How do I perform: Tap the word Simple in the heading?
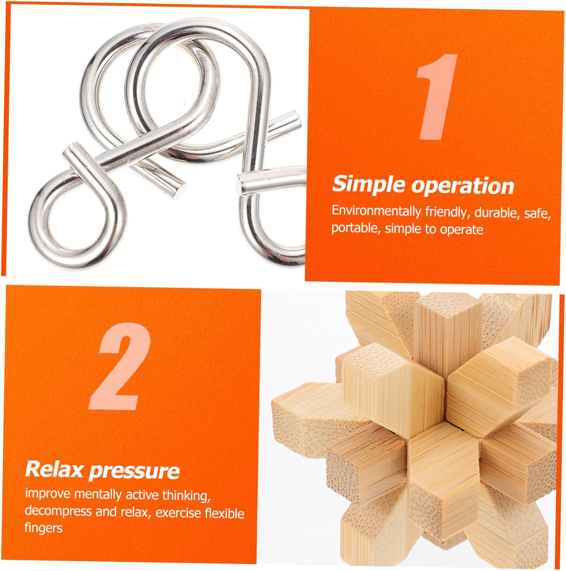(x=368, y=185)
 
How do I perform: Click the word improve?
(x=48, y=494)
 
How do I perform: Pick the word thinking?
(x=187, y=496)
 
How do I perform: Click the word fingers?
(x=43, y=528)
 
